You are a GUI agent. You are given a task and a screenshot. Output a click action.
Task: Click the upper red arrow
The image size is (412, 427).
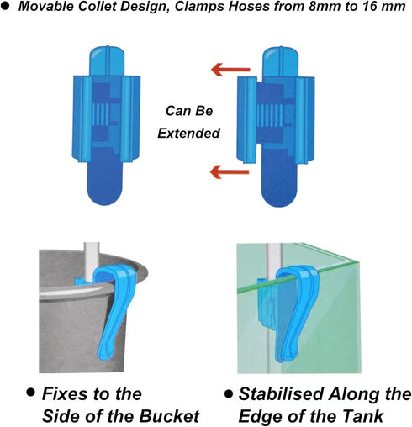coord(230,69)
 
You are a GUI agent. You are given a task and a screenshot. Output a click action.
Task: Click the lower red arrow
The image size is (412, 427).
coord(230,171)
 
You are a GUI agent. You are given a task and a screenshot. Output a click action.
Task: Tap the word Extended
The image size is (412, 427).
coord(188,133)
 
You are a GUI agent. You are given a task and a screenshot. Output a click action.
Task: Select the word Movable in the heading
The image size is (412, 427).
coord(46,7)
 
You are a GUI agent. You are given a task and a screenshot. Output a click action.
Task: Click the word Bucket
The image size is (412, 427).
coord(170,416)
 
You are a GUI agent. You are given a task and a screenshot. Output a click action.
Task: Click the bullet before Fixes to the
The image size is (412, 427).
coord(31,392)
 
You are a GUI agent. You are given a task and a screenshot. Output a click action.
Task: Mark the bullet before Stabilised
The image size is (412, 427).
coord(229,394)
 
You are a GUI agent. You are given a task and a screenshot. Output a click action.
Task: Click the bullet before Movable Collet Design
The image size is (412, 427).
coord(5,7)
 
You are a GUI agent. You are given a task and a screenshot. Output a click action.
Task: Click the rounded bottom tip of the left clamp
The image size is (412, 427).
coord(104,193)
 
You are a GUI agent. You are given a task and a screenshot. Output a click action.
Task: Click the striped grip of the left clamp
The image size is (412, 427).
coord(101,114)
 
